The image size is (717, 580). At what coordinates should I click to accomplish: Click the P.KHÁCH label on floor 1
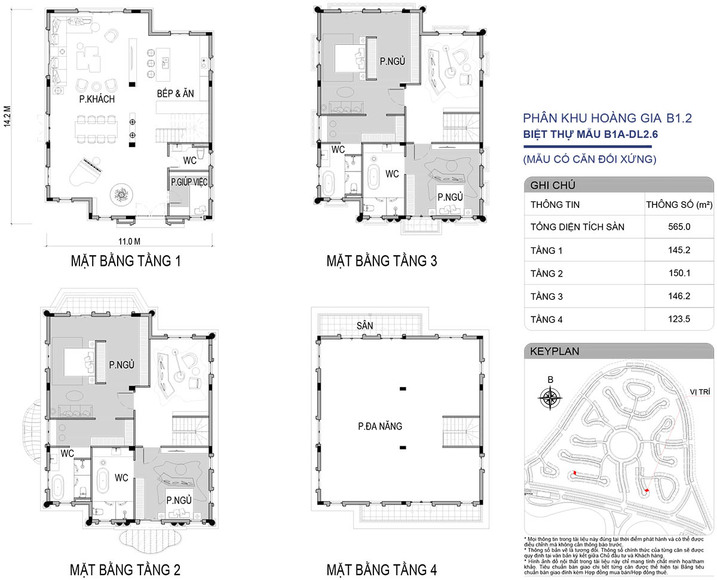pyautogui.click(x=97, y=99)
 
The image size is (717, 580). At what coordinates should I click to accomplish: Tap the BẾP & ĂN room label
pyautogui.click(x=176, y=94)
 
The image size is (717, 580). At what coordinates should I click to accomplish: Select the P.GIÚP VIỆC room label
pyautogui.click(x=189, y=182)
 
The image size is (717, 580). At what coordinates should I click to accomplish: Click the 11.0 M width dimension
pyautogui.click(x=129, y=241)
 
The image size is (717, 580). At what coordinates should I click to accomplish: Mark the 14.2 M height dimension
pyautogui.click(x=7, y=116)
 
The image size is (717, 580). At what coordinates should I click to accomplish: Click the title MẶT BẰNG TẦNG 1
pyautogui.click(x=126, y=261)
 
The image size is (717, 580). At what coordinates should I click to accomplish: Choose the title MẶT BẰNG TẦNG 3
pyautogui.click(x=382, y=261)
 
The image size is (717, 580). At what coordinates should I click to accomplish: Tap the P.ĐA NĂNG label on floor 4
pyautogui.click(x=380, y=426)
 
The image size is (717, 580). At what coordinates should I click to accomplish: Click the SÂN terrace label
pyautogui.click(x=365, y=326)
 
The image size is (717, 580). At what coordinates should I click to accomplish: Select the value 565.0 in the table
pyautogui.click(x=679, y=227)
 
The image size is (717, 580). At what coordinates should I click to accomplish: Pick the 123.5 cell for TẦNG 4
pyautogui.click(x=679, y=319)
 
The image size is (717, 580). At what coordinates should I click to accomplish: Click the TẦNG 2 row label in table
pyautogui.click(x=547, y=274)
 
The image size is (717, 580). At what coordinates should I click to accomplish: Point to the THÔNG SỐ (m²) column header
pyautogui.click(x=679, y=204)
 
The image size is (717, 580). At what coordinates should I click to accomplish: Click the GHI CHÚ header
pyautogui.click(x=553, y=185)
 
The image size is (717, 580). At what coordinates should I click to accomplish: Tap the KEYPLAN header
pyautogui.click(x=554, y=352)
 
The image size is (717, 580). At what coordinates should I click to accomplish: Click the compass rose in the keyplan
pyautogui.click(x=550, y=398)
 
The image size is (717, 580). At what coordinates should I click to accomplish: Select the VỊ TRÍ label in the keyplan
pyautogui.click(x=700, y=392)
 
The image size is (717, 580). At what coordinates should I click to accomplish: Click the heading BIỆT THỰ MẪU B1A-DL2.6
pyautogui.click(x=590, y=134)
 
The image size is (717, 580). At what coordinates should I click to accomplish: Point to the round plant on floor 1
pyautogui.click(x=121, y=195)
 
